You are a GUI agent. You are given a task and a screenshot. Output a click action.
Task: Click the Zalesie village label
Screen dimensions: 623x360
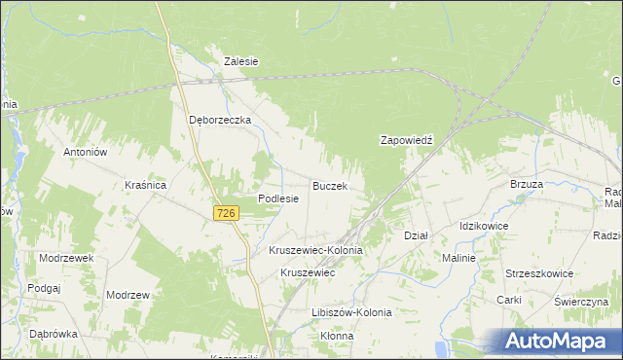(x=240, y=60)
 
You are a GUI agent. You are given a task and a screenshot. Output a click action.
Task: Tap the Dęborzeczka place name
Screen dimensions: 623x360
(x=219, y=120)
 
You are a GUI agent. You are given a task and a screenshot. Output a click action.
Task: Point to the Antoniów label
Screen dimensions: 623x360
(x=85, y=152)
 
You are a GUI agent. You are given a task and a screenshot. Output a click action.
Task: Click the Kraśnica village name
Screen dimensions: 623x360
(x=146, y=184)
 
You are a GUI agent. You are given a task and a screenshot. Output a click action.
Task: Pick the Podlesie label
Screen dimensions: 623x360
(x=277, y=198)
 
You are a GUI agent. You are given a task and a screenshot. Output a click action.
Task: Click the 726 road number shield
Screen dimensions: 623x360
(x=226, y=213)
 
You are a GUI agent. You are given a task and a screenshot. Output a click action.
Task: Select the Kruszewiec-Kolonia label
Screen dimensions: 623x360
(x=315, y=250)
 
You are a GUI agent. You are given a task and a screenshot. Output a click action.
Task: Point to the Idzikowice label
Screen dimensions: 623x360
(x=484, y=226)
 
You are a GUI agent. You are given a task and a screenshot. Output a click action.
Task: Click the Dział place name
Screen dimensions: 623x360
(x=416, y=235)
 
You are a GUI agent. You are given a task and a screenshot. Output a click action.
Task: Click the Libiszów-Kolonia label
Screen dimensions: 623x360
(x=350, y=312)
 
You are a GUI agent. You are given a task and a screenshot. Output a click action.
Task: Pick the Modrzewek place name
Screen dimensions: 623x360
(x=65, y=258)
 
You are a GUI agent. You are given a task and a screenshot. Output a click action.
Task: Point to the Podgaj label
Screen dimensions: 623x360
(x=45, y=288)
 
